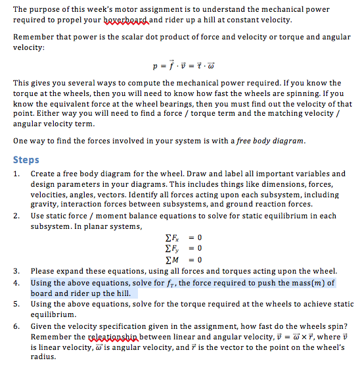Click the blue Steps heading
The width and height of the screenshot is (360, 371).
tap(26, 160)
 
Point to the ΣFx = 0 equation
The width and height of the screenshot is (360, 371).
tap(179, 237)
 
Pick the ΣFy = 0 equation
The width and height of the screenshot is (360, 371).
tap(179, 247)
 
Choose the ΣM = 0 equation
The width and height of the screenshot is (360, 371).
tap(179, 258)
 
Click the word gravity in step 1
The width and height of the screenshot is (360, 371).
tap(45, 204)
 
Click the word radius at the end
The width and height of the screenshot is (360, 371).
tap(43, 359)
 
